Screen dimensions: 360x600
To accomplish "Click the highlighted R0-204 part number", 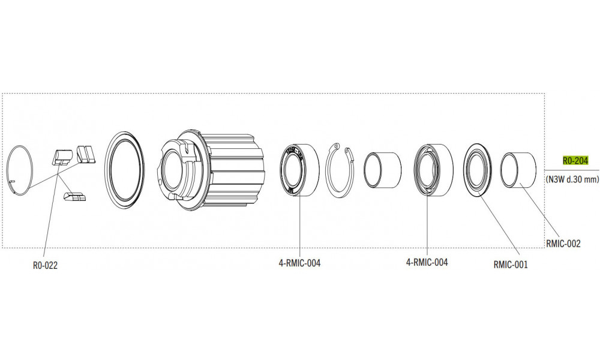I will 575,161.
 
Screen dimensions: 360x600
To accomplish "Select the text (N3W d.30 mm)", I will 572,179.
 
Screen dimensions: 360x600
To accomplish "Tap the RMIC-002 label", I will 563,244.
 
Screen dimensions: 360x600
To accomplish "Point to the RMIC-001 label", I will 511,264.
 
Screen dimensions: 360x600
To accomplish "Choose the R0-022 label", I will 45,266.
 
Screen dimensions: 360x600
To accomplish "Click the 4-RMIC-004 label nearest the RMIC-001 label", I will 427,262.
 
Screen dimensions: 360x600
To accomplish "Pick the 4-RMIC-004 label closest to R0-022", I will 299,263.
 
